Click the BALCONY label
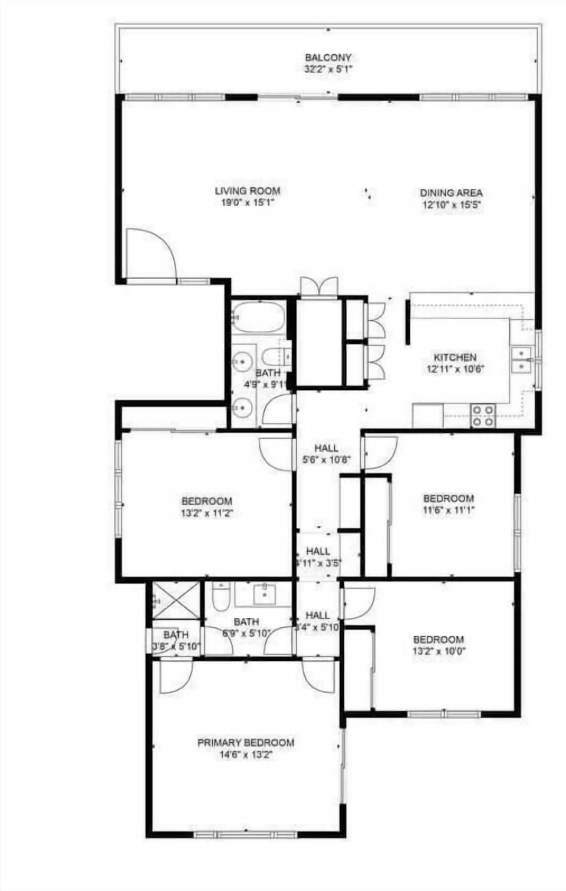[328, 58]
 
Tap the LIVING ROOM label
[247, 191]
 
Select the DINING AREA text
[451, 193]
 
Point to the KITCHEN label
[455, 357]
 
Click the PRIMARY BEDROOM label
[245, 743]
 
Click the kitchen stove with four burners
[482, 415]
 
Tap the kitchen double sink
[521, 360]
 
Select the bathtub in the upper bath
[258, 317]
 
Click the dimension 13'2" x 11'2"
[206, 513]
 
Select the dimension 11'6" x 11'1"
[448, 510]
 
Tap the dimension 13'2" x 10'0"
[438, 651]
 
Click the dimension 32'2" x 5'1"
[328, 69]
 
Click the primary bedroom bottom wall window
[245, 834]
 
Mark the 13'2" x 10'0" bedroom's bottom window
[444, 714]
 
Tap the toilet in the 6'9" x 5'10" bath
[221, 598]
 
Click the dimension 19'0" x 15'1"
[247, 203]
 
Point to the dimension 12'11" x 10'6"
[455, 369]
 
